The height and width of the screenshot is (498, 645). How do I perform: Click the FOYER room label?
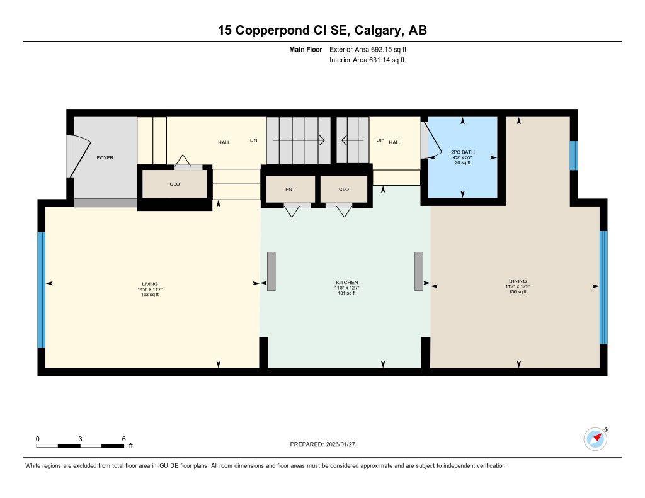[105, 157]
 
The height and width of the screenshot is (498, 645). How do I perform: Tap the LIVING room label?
[150, 283]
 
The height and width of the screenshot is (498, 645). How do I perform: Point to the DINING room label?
[518, 281]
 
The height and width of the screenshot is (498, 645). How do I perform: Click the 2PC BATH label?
[463, 152]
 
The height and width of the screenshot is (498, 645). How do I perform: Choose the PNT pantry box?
[290, 189]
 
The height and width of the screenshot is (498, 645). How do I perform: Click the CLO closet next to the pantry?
[344, 189]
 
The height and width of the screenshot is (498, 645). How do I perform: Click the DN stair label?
[253, 141]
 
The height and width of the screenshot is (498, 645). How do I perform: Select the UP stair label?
[380, 140]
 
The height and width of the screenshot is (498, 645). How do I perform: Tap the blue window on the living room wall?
[42, 290]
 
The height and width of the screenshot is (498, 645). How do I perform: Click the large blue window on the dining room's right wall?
[603, 287]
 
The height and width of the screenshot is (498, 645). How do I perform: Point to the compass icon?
[595, 438]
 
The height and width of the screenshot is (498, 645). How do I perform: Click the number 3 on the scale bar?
[80, 439]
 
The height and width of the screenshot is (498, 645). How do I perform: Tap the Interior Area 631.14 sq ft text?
[367, 60]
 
